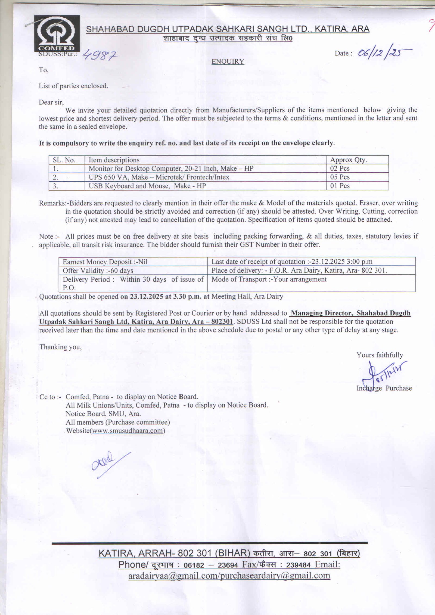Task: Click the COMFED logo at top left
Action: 57,33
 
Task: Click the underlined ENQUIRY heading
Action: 228,62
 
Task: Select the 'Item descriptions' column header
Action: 114,160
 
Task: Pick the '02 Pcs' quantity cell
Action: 340,169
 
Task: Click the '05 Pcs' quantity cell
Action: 340,177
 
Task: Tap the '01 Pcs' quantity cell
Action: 340,186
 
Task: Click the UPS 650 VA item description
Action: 159,177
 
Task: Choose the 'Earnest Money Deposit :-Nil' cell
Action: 105,262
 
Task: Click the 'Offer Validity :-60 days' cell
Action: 98,271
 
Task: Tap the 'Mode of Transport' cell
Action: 269,279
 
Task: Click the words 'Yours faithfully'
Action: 380,355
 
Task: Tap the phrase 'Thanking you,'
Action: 60,347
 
